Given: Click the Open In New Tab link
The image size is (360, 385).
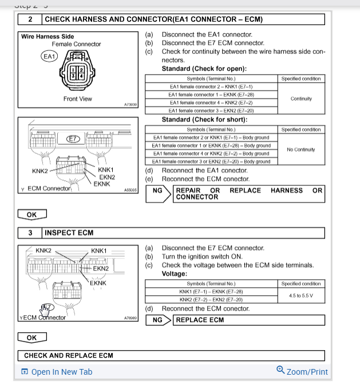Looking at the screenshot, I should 57,372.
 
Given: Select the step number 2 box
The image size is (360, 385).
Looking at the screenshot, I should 29,19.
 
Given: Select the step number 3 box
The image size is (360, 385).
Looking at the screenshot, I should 29,233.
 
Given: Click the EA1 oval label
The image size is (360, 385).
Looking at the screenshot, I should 49,56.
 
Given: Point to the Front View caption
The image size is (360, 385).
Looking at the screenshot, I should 78,99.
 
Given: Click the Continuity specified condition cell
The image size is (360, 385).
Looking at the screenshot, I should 301,98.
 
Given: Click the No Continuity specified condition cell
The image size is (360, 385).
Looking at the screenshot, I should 301,150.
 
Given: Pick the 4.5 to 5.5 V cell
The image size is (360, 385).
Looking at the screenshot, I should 301,296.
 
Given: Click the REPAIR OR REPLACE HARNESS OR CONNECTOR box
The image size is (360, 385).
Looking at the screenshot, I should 249,193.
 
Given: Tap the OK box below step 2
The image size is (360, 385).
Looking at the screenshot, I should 31,215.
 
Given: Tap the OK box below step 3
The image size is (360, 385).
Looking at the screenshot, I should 31,338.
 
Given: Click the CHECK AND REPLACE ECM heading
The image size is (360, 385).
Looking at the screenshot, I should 69,356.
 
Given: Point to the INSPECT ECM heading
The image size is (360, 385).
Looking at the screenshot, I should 69,233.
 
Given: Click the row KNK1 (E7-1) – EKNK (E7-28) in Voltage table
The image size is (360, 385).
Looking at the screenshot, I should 211,292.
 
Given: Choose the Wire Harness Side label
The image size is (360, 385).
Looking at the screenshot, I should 48,37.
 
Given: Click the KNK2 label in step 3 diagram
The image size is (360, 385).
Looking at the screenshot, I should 43,251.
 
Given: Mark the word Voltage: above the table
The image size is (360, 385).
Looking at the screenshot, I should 176,274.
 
